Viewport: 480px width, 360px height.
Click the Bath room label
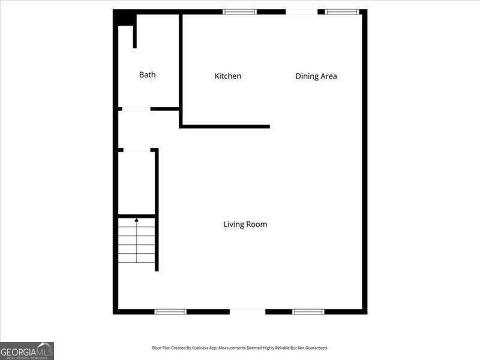tap(147, 75)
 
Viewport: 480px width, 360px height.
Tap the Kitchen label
tap(228, 76)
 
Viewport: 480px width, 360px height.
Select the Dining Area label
tap(316, 76)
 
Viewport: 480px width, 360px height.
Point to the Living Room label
tap(245, 224)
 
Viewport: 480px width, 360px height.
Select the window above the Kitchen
tap(240, 11)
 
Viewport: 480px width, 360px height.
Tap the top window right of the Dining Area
tap(342, 11)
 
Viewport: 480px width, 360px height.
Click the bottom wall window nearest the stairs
tap(170, 311)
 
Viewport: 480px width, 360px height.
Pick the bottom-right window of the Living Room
tap(308, 311)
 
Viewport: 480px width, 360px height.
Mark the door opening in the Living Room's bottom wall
tap(247, 311)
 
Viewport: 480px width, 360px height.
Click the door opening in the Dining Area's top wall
tap(302, 11)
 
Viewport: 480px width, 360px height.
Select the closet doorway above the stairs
tap(137, 149)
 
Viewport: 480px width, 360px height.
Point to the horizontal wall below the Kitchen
tap(225, 127)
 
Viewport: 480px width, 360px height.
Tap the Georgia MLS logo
tap(27, 350)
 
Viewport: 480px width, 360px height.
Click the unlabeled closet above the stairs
tap(137, 182)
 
